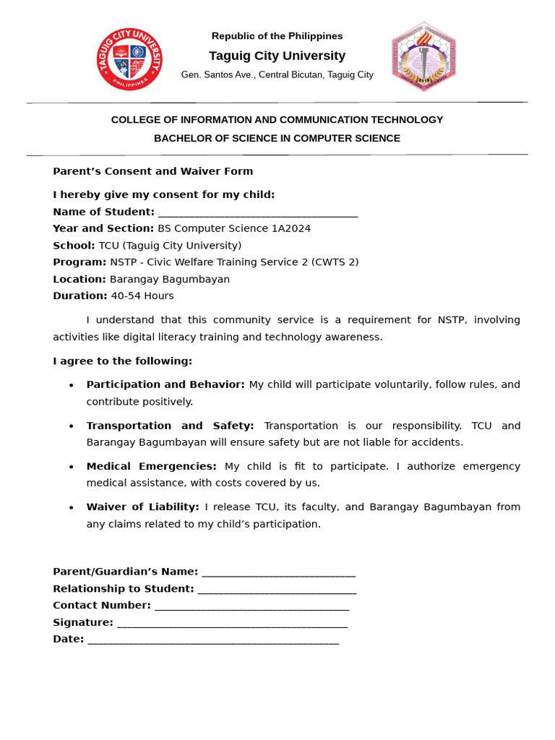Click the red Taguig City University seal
[129, 59]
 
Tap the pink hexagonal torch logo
[424, 57]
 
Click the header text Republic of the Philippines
[277, 36]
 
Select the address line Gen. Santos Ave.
[277, 74]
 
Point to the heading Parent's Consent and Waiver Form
[152, 171]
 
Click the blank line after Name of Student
[257, 212]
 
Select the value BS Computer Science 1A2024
[234, 228]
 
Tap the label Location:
[79, 279]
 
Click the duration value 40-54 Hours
[142, 296]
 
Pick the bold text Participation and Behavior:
[165, 384]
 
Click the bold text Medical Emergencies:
[151, 466]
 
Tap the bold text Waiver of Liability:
[142, 507]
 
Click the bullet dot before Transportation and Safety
[71, 426]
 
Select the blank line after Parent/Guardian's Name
[278, 572]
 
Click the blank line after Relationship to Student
[277, 590]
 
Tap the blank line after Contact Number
[251, 606]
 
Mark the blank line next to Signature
[232, 623]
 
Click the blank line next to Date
[213, 640]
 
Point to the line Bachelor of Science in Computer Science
[277, 138]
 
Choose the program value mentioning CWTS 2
[234, 262]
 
